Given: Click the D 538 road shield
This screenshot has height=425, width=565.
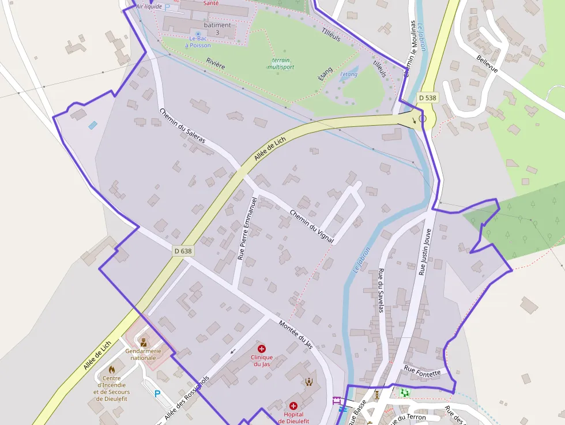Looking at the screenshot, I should click(x=428, y=98).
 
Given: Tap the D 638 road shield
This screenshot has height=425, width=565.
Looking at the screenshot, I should click(x=183, y=251).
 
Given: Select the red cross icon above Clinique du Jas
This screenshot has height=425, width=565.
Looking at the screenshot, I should click(x=262, y=349).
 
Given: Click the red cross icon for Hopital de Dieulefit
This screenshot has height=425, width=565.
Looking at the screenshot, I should click(x=293, y=406).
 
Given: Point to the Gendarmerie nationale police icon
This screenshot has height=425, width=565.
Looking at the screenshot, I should click(x=143, y=342).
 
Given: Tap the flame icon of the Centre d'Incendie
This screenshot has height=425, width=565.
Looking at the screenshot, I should click(x=112, y=369).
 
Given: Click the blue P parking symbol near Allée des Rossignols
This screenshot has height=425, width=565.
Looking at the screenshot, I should click(x=157, y=394).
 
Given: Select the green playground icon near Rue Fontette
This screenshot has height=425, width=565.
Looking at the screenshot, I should click(x=405, y=392).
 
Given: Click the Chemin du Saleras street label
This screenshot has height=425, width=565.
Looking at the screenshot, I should click(x=182, y=126).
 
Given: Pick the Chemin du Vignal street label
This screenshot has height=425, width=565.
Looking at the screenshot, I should click(x=311, y=225).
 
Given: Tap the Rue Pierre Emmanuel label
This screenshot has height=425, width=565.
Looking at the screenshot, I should click(x=246, y=229).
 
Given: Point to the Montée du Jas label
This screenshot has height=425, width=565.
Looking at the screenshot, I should click(x=295, y=334).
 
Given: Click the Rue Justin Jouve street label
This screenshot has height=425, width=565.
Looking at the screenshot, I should click(x=425, y=250).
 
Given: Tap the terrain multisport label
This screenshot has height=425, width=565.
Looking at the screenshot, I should click(x=281, y=63).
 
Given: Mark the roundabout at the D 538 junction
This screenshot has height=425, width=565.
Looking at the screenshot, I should click(x=423, y=118).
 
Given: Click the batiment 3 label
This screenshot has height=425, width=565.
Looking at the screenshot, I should click(x=217, y=29).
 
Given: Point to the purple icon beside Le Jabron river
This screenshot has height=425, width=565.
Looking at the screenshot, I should click(x=337, y=400).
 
